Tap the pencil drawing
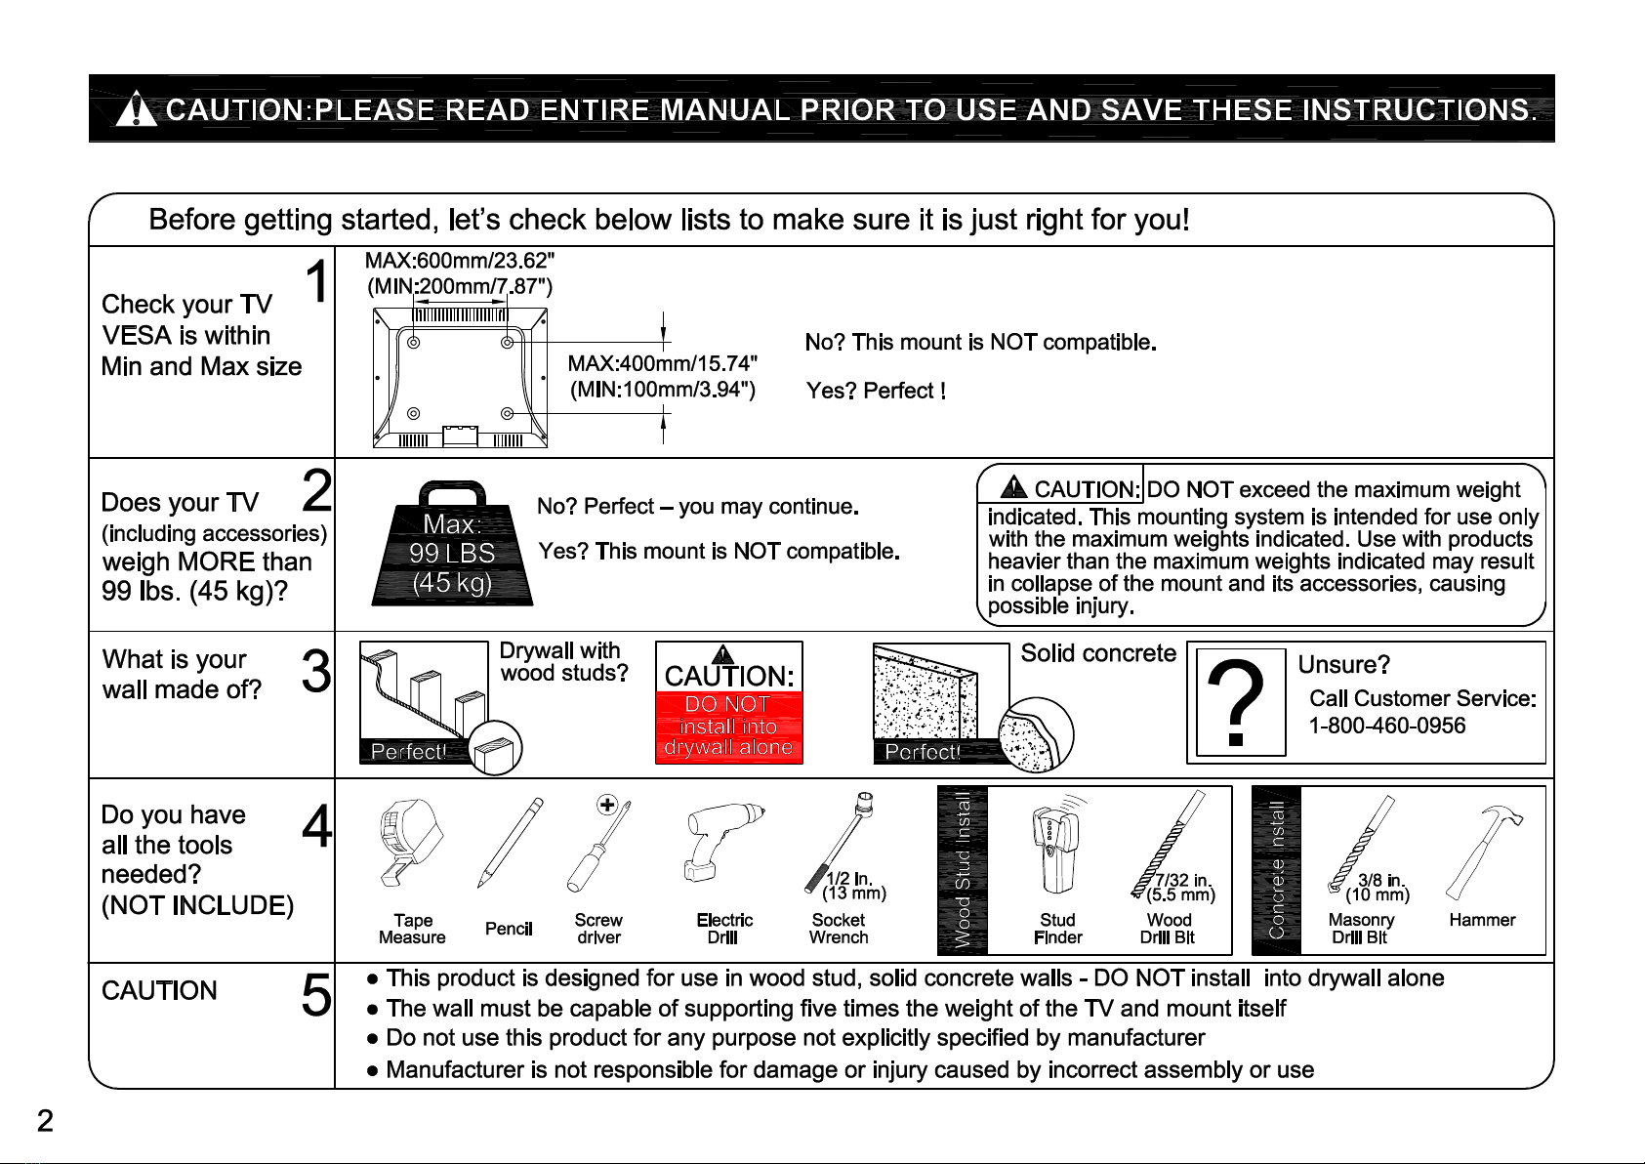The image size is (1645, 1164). [510, 842]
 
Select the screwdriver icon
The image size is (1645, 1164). [596, 842]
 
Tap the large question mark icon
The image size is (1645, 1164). [1239, 701]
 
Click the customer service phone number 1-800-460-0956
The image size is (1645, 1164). [1386, 726]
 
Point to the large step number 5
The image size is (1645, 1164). [316, 996]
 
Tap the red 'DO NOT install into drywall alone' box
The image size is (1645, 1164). [728, 727]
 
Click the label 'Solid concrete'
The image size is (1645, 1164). [1098, 653]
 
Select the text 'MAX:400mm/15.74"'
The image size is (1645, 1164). [663, 363]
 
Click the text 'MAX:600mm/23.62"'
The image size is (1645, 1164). [460, 261]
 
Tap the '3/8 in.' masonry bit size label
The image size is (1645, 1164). [1381, 881]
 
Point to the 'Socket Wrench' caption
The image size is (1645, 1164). [839, 929]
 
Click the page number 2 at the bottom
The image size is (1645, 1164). [45, 1121]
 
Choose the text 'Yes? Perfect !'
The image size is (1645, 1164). [876, 392]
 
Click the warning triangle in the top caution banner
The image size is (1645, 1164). [137, 110]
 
